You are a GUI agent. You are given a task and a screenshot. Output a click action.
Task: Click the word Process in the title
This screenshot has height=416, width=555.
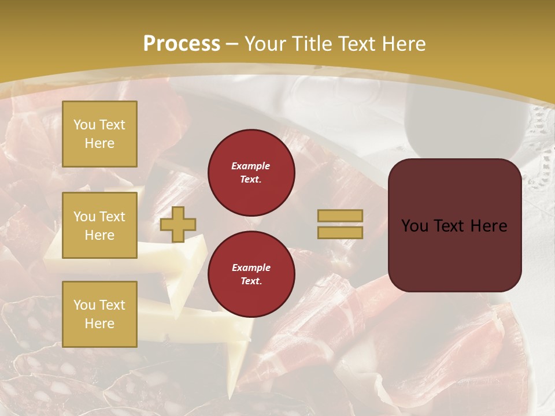pos(182,44)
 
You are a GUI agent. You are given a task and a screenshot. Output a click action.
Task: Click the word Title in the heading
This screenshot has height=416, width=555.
pos(311,44)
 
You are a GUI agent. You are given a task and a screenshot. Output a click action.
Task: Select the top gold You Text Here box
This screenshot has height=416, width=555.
pos(99,134)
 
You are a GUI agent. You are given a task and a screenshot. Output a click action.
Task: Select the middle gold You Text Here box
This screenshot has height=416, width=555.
pos(99,225)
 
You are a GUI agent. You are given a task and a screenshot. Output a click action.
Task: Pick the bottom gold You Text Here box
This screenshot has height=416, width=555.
pos(99,314)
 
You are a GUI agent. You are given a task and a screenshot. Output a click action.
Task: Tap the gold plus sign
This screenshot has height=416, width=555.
pos(178,224)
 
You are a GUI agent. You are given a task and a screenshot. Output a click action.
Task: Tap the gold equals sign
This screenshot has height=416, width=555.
pos(340,224)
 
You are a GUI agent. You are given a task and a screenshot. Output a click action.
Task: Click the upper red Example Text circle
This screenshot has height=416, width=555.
pos(251,172)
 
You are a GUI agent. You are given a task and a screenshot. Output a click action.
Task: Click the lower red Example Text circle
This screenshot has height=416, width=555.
pos(251,274)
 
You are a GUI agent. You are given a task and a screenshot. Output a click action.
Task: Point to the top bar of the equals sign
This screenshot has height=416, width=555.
pos(340,216)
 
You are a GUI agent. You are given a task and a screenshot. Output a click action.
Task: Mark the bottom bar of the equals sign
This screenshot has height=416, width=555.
pos(340,232)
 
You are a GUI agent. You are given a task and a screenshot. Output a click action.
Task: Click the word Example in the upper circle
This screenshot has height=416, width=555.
pos(251,166)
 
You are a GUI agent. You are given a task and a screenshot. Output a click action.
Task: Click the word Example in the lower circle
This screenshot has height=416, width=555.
pos(251,268)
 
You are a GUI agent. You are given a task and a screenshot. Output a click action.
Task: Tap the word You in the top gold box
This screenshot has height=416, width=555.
pos(84,125)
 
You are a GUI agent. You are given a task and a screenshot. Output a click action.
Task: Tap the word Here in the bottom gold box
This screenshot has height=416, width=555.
pos(99,324)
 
